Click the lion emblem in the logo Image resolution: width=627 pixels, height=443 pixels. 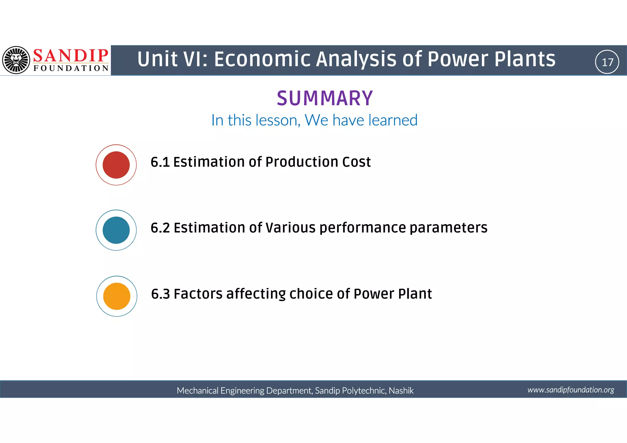coord(16,60)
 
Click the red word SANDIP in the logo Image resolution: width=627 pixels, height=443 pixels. coord(70,56)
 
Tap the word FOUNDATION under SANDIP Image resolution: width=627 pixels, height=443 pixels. coord(71,68)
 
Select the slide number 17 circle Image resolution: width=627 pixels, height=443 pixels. coord(607,62)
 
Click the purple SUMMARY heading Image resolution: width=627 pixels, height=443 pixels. coord(325,99)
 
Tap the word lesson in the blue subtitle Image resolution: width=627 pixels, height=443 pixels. coord(278,120)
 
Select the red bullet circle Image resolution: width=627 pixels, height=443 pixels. coord(116,165)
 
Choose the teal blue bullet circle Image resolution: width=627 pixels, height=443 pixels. coord(116,230)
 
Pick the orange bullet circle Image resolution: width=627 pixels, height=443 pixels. coord(117,296)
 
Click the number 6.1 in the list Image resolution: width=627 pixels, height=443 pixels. coord(160,162)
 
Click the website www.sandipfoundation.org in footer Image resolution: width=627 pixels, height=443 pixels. coord(571,390)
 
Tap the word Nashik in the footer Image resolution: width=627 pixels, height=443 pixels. coord(401,391)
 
